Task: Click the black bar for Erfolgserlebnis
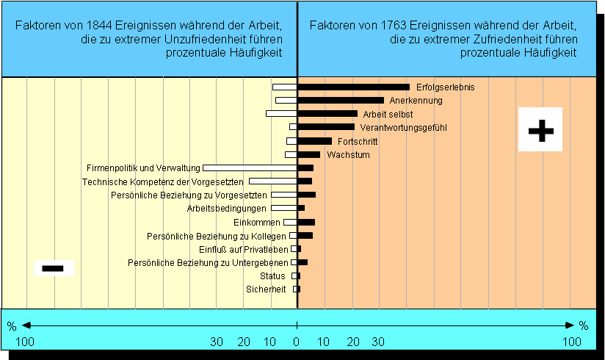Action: coord(353,87)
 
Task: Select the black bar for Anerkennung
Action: coord(341,100)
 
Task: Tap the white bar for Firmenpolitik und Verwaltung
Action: coord(250,168)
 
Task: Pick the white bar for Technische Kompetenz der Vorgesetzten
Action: coord(272,181)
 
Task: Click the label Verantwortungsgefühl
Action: coord(403,128)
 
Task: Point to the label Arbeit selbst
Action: coord(388,114)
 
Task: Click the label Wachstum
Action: coord(348,155)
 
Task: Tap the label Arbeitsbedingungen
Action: coord(227,209)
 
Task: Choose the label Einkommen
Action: coord(257,223)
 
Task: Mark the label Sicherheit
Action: coord(266,289)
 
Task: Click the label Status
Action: coord(272,276)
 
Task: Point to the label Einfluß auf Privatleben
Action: coord(244,249)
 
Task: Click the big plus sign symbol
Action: coord(540,130)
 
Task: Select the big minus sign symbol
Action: coord(54,268)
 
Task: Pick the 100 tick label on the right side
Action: coord(571,342)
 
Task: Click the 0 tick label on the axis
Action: coord(297,342)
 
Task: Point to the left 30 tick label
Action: coord(217,342)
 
